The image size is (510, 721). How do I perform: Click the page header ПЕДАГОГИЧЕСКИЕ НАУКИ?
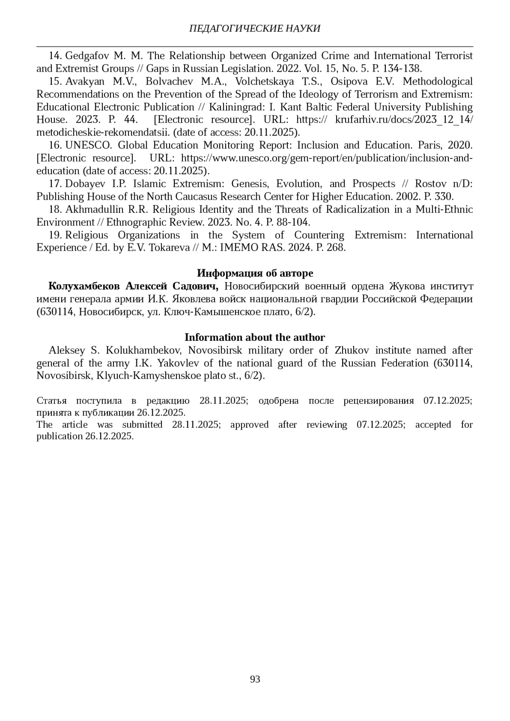[x=255, y=28]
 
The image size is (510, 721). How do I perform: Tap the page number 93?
[x=255, y=679]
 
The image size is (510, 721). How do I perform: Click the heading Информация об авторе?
[x=255, y=273]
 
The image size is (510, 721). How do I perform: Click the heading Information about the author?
[x=255, y=337]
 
